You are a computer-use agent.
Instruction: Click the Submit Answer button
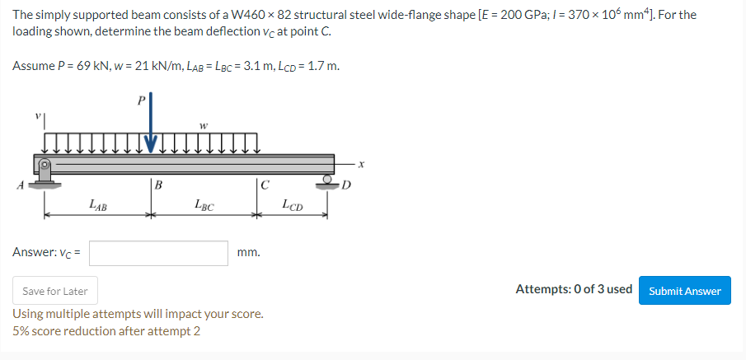(x=684, y=290)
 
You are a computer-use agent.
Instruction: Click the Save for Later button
(x=55, y=291)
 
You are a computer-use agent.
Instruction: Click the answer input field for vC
(x=158, y=253)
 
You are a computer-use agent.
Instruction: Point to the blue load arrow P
(x=151, y=124)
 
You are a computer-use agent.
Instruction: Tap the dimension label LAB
(x=96, y=203)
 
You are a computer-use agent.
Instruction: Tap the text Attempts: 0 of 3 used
(x=574, y=289)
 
